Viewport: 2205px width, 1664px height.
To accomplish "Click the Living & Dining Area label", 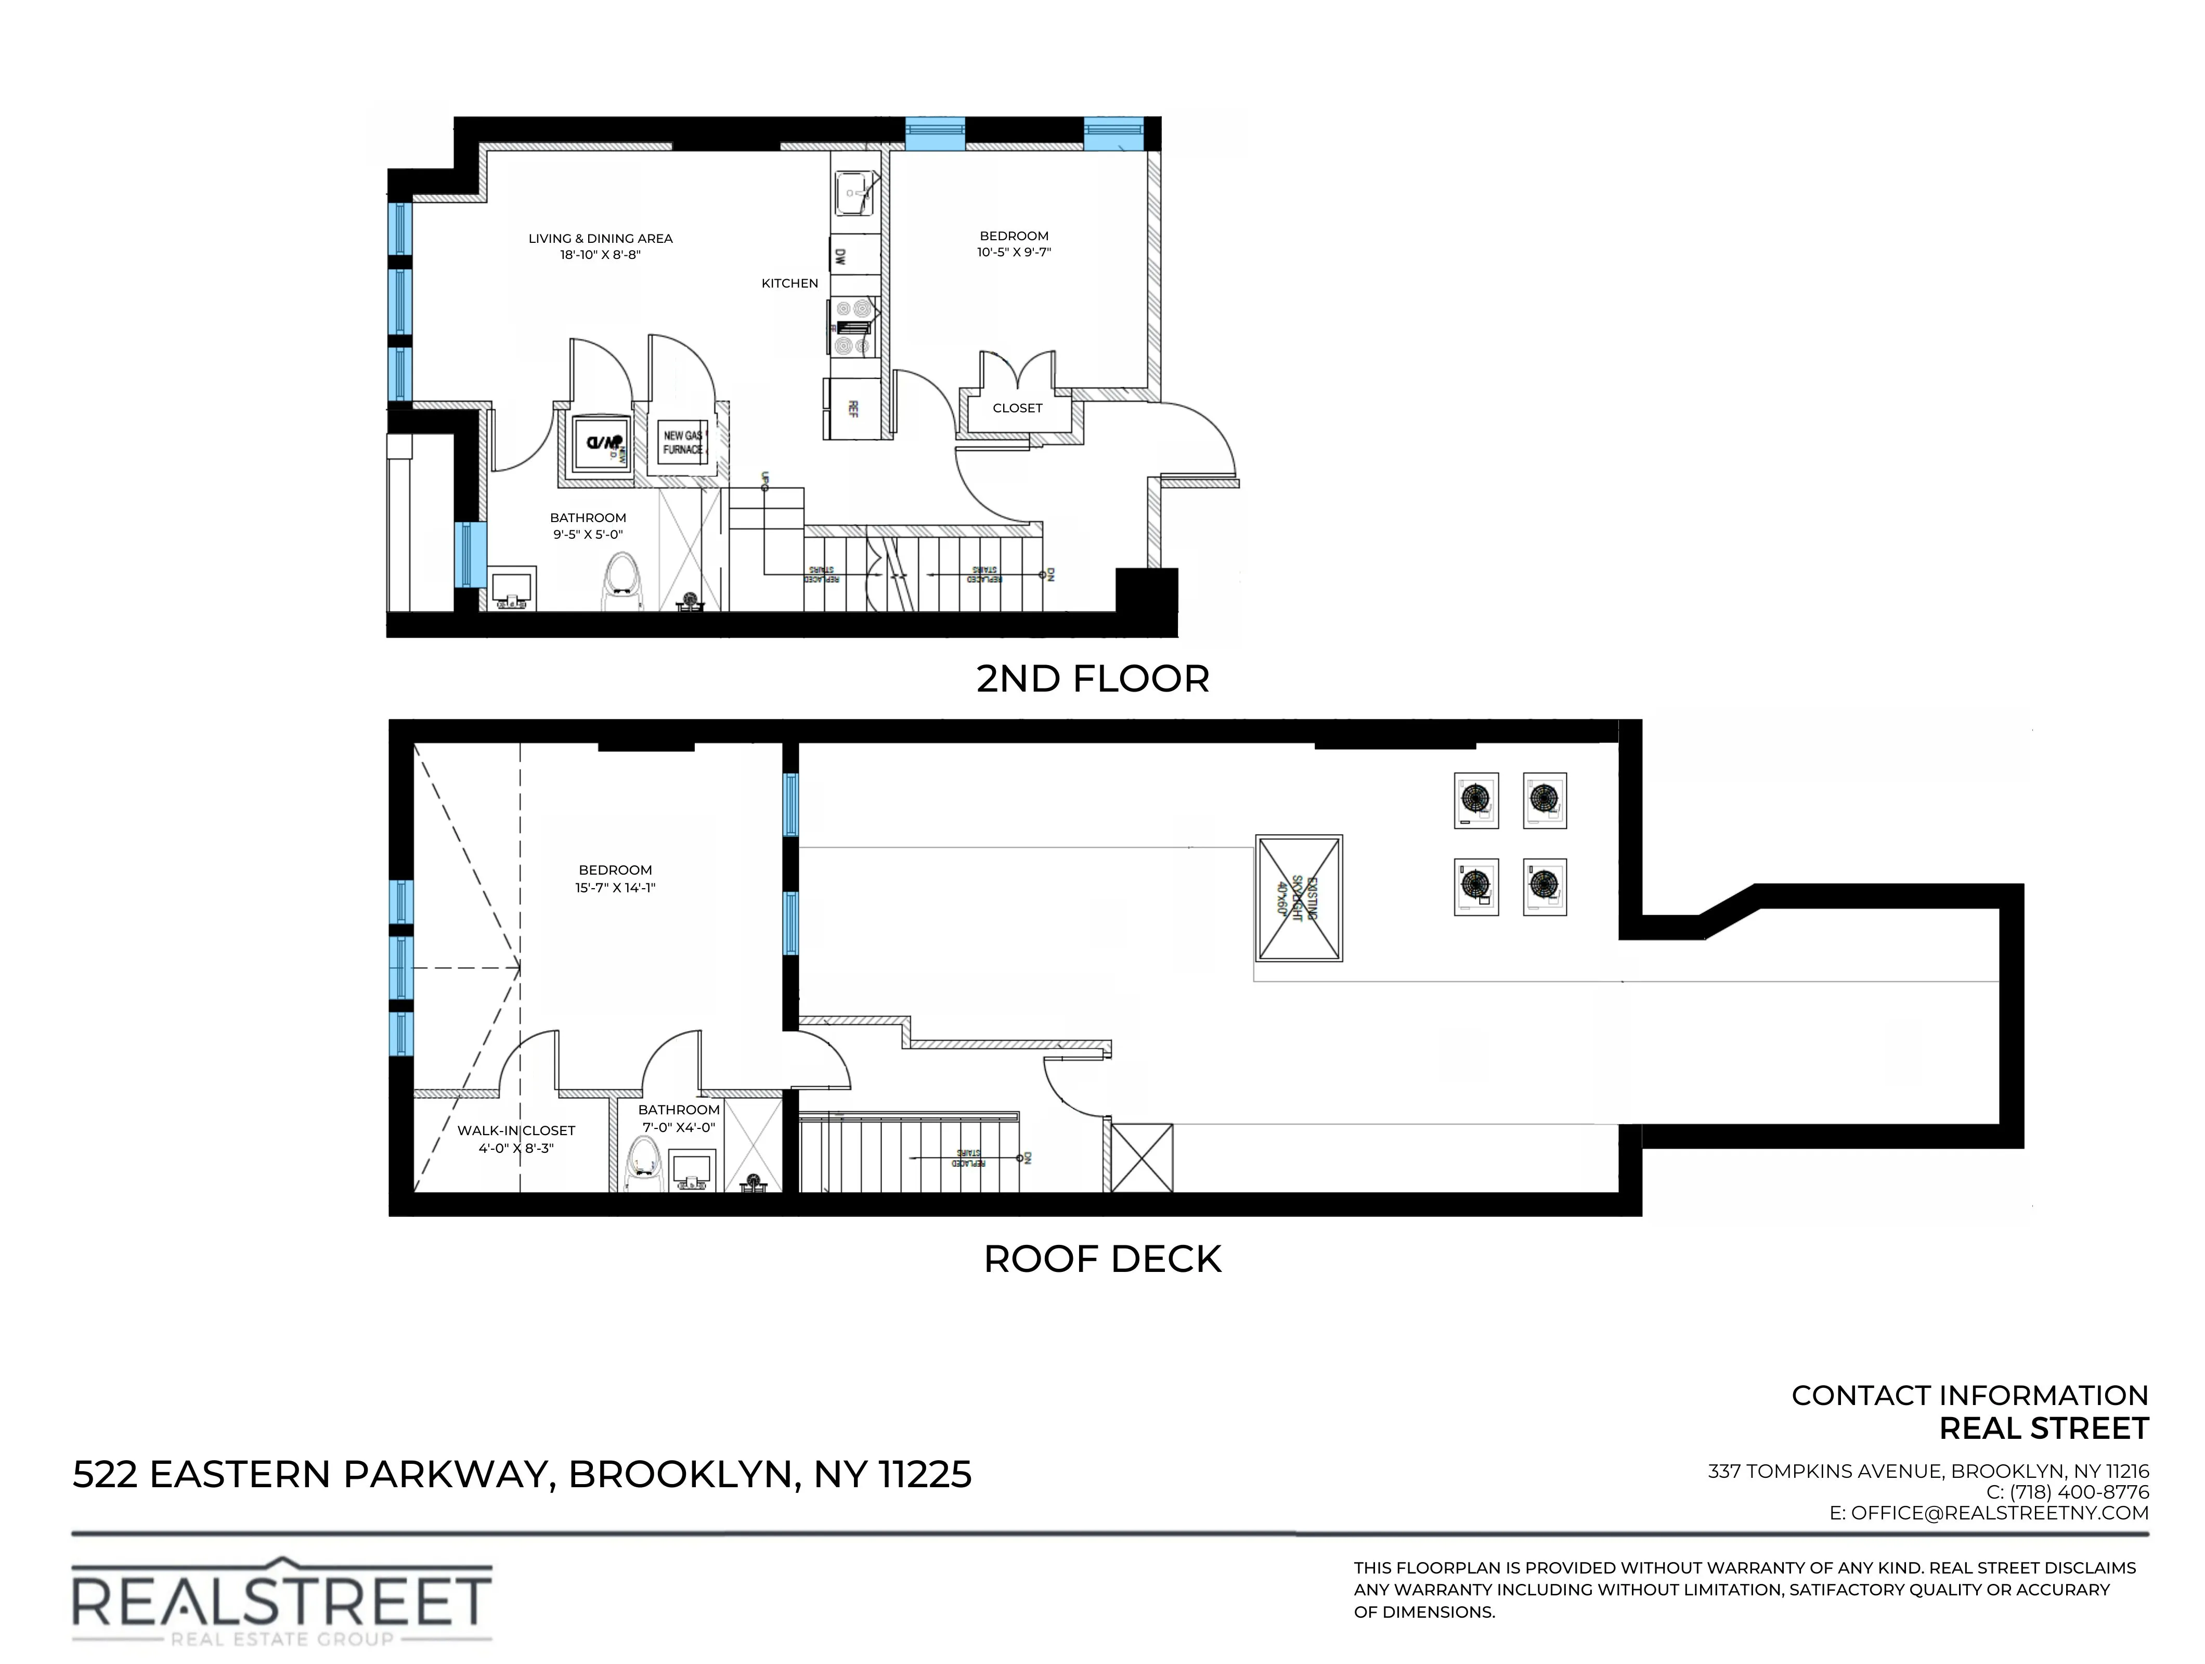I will tap(600, 238).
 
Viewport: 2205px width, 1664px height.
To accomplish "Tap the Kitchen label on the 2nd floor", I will tap(789, 283).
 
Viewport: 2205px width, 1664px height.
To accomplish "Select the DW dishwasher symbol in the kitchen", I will tap(840, 257).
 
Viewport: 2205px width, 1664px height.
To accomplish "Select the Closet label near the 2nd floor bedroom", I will tap(1017, 408).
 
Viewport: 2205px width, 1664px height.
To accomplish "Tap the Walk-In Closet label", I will tap(515, 1130).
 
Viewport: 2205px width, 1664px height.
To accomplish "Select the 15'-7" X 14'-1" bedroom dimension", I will tap(615, 887).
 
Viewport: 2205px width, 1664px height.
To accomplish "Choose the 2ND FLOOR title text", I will tap(1093, 679).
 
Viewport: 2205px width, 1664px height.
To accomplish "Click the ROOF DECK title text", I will tap(1101, 1259).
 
